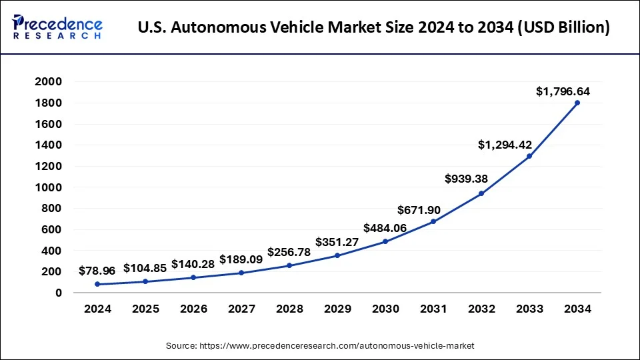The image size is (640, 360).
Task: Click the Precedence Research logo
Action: coord(57,28)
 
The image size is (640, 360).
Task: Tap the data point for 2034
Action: coord(577,103)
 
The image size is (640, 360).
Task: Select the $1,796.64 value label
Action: coord(563,91)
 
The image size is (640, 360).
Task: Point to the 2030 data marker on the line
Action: coord(385,241)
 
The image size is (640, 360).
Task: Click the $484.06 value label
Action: coord(385,228)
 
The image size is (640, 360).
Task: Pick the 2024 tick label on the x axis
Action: coord(97,309)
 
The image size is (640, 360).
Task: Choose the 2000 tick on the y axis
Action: coord(49,81)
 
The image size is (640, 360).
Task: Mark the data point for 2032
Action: coord(481,193)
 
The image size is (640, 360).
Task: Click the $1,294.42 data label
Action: coord(515,145)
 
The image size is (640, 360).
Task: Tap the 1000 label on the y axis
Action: coord(49,187)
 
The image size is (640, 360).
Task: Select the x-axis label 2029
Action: coord(337,309)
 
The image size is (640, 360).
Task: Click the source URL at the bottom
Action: coord(319,346)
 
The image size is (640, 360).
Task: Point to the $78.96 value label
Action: coord(97,271)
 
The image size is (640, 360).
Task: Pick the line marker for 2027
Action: coord(241,273)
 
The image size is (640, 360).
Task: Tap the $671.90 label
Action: coord(419,210)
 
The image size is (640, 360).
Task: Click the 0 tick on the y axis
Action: coord(59,293)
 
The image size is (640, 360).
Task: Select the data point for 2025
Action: coord(145,281)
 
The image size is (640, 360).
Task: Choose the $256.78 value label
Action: coord(289,252)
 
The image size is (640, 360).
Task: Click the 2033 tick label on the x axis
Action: coord(529,309)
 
